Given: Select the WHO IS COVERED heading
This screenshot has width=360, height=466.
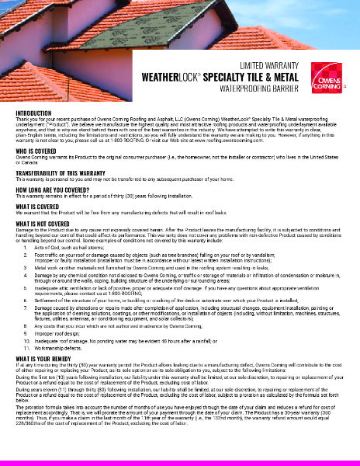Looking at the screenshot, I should coord(33,151).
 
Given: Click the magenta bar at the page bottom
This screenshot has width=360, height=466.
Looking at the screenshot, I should coord(180,461).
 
